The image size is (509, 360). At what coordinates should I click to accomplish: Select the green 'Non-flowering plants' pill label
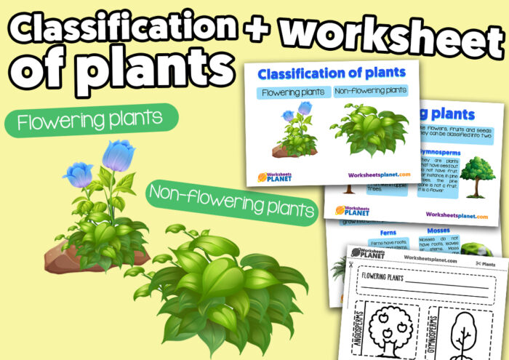[x=232, y=200]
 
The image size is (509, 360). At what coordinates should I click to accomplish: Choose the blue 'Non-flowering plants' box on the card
[x=369, y=92]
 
